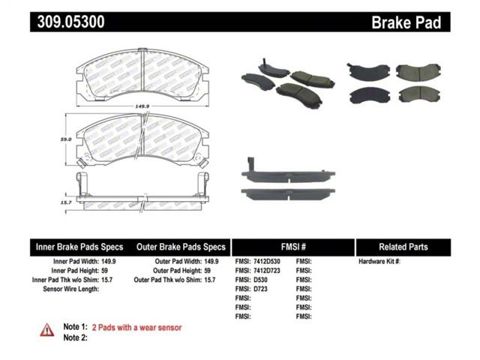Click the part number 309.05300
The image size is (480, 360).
pyautogui.click(x=70, y=22)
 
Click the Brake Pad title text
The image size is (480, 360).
pyautogui.click(x=406, y=22)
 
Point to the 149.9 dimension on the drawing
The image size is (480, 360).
pyautogui.click(x=142, y=106)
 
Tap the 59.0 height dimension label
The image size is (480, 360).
pyautogui.click(x=66, y=139)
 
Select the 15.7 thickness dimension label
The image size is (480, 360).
pyautogui.click(x=66, y=202)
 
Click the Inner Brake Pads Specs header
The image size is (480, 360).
pyautogui.click(x=79, y=247)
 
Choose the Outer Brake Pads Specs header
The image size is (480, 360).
pyautogui.click(x=181, y=247)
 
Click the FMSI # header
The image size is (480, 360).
pyautogui.click(x=293, y=247)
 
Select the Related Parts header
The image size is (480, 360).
pyautogui.click(x=403, y=247)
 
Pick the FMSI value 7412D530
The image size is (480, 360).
pyautogui.click(x=267, y=262)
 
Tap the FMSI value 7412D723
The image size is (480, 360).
pyautogui.click(x=267, y=271)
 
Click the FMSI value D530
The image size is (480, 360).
pyautogui.click(x=260, y=280)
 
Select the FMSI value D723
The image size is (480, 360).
pyautogui.click(x=260, y=289)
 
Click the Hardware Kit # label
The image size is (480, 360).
pyautogui.click(x=379, y=262)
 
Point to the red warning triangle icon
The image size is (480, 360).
pyautogui.click(x=46, y=330)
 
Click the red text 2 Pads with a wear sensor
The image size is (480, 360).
pyautogui.click(x=136, y=328)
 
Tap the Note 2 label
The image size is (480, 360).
pyautogui.click(x=75, y=337)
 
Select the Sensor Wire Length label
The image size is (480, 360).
pyautogui.click(x=71, y=289)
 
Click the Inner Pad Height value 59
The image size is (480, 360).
pyautogui.click(x=104, y=271)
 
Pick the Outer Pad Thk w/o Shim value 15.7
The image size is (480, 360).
pyautogui.click(x=210, y=280)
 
